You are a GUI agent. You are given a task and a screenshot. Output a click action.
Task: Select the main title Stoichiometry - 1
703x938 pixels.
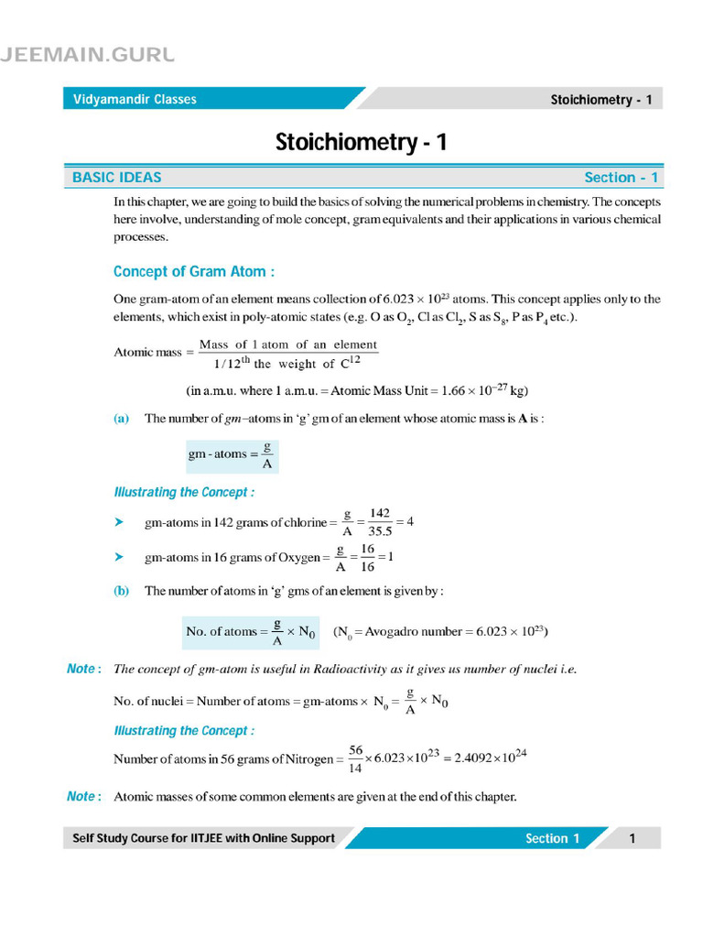(362, 142)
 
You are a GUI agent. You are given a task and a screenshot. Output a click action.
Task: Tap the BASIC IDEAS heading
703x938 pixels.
(116, 178)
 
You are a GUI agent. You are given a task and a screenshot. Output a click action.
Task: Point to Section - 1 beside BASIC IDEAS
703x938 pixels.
(621, 178)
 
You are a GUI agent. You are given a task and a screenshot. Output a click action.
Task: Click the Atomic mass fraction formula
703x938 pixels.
(287, 354)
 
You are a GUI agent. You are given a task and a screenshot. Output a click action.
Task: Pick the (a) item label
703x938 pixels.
(122, 419)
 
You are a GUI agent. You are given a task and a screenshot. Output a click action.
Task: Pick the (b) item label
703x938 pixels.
(122, 591)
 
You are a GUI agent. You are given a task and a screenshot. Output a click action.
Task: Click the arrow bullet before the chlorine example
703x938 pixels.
(118, 522)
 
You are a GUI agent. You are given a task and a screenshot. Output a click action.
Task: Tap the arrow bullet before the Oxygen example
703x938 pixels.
(118, 557)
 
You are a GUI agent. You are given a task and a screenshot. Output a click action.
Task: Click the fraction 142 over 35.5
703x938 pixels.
(380, 522)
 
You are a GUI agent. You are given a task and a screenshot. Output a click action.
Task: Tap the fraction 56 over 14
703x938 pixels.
(355, 758)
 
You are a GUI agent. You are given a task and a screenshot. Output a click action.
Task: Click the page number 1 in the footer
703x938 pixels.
(632, 838)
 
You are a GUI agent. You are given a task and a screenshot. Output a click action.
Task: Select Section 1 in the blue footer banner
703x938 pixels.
(552, 838)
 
